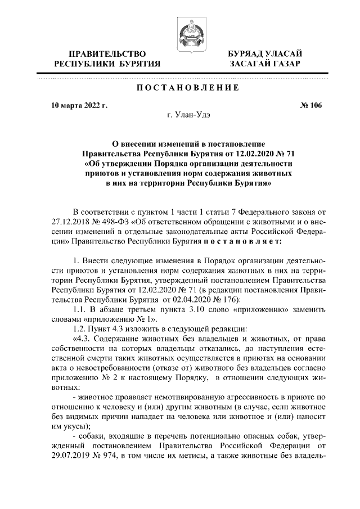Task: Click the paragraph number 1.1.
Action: pos(82,310)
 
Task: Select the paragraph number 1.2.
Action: pos(82,329)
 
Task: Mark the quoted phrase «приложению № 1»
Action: pos(98,319)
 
